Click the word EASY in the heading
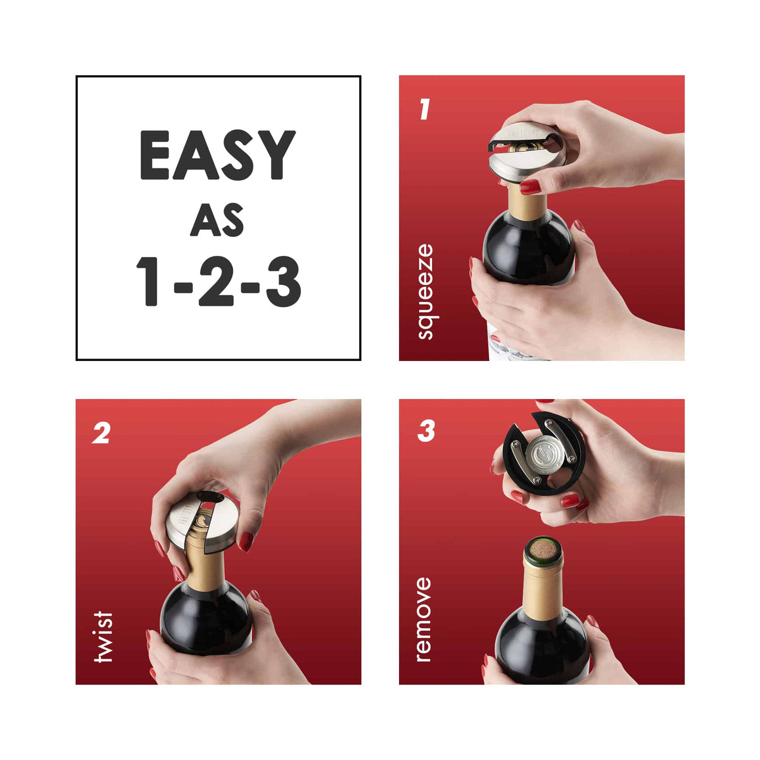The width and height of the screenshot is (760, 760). pos(218,155)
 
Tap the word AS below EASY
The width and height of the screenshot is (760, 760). pos(218,220)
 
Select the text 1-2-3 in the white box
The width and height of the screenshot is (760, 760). pos(218,281)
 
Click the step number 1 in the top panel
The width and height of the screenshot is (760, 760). pos(425,109)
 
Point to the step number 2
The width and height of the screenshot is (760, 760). pos(101,433)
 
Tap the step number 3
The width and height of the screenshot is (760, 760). pos(426,432)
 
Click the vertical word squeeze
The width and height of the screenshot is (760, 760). pos(425,292)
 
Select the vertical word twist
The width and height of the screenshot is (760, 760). pos(102,636)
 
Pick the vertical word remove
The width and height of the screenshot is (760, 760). pos(423,619)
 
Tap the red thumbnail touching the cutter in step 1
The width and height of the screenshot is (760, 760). pos(530,187)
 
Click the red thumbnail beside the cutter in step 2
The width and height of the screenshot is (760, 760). pos(246,541)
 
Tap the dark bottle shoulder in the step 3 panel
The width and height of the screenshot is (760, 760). pos(541,646)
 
